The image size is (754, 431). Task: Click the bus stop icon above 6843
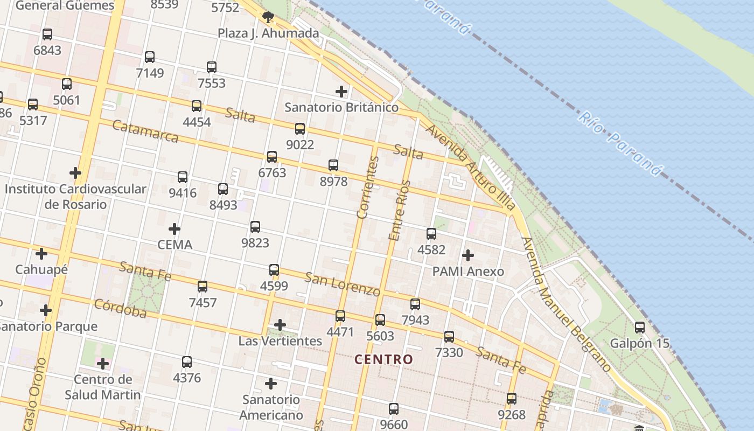[47, 34]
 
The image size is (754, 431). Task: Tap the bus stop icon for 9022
[300, 129]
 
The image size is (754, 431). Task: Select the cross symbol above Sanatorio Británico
[341, 91]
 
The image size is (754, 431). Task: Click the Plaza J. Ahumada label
[268, 33]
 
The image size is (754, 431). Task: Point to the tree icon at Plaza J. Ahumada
[268, 17]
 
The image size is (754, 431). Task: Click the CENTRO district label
[384, 359]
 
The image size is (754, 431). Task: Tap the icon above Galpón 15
[639, 328]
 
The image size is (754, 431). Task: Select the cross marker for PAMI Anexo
[468, 255]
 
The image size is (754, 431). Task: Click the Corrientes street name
[368, 187]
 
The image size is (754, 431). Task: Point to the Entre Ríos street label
[399, 210]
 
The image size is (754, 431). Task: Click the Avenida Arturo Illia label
[470, 167]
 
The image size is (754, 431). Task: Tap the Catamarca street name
[145, 131]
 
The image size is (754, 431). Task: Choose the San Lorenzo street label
[343, 284]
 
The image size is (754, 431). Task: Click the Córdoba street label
[120, 308]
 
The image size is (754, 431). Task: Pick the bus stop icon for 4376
[187, 362]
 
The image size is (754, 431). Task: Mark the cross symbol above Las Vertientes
[280, 325]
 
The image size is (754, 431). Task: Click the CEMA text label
[174, 245]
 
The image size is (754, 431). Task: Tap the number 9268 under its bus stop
[511, 415]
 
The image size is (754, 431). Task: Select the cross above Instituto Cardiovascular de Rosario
[75, 173]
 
